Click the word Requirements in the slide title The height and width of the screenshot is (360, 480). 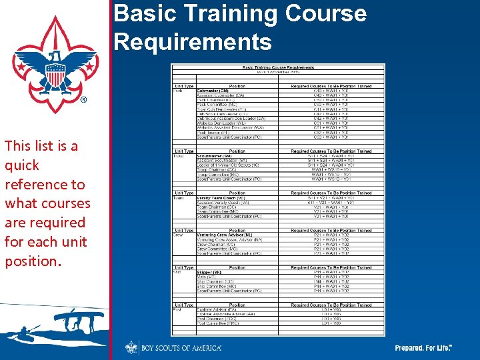(193, 42)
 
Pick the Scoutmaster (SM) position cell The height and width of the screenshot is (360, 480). (213, 155)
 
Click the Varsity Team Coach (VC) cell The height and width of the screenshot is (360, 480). (221, 197)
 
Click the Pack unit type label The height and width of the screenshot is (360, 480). (178, 90)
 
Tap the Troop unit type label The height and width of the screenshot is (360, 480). (179, 155)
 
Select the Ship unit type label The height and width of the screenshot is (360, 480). (178, 272)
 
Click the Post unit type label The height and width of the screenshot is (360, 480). (178, 309)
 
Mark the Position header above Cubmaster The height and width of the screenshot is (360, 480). (237, 85)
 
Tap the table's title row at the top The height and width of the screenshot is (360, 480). (277, 67)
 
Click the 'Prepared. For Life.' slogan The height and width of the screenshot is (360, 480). (423, 348)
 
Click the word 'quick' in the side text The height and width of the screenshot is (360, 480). (22, 165)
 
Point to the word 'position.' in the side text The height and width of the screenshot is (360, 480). (33, 261)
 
